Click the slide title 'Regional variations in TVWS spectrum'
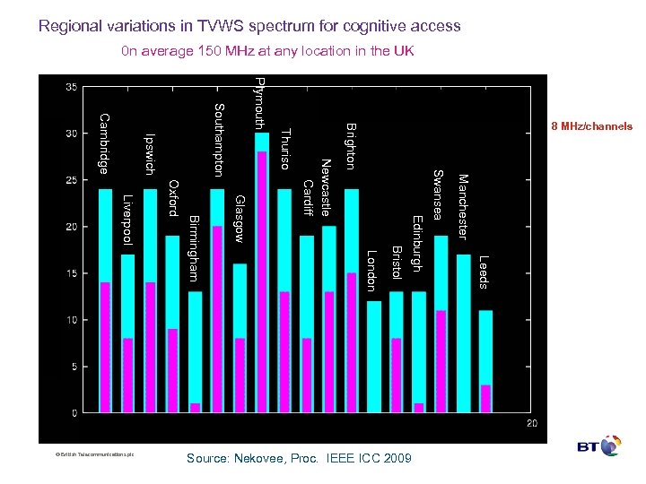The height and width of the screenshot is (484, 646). pos(249,26)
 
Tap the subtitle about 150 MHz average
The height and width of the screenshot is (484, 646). pos(267,51)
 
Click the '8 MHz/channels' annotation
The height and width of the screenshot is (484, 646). pos(591,126)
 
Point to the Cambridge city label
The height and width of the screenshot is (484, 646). pos(104,143)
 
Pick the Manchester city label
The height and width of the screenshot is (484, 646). pos(463,207)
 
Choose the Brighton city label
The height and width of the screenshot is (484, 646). pos(351,145)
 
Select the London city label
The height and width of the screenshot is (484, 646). pos(371,272)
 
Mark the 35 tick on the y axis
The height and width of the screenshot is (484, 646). pos(70,87)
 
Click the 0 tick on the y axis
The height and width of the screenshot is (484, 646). pos(74,412)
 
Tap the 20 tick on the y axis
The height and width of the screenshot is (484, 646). pos(70,227)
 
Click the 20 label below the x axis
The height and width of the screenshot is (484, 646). pos(532,423)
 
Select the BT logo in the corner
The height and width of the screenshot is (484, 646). pos(599,445)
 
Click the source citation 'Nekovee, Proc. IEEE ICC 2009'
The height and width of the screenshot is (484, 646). pos(299,459)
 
